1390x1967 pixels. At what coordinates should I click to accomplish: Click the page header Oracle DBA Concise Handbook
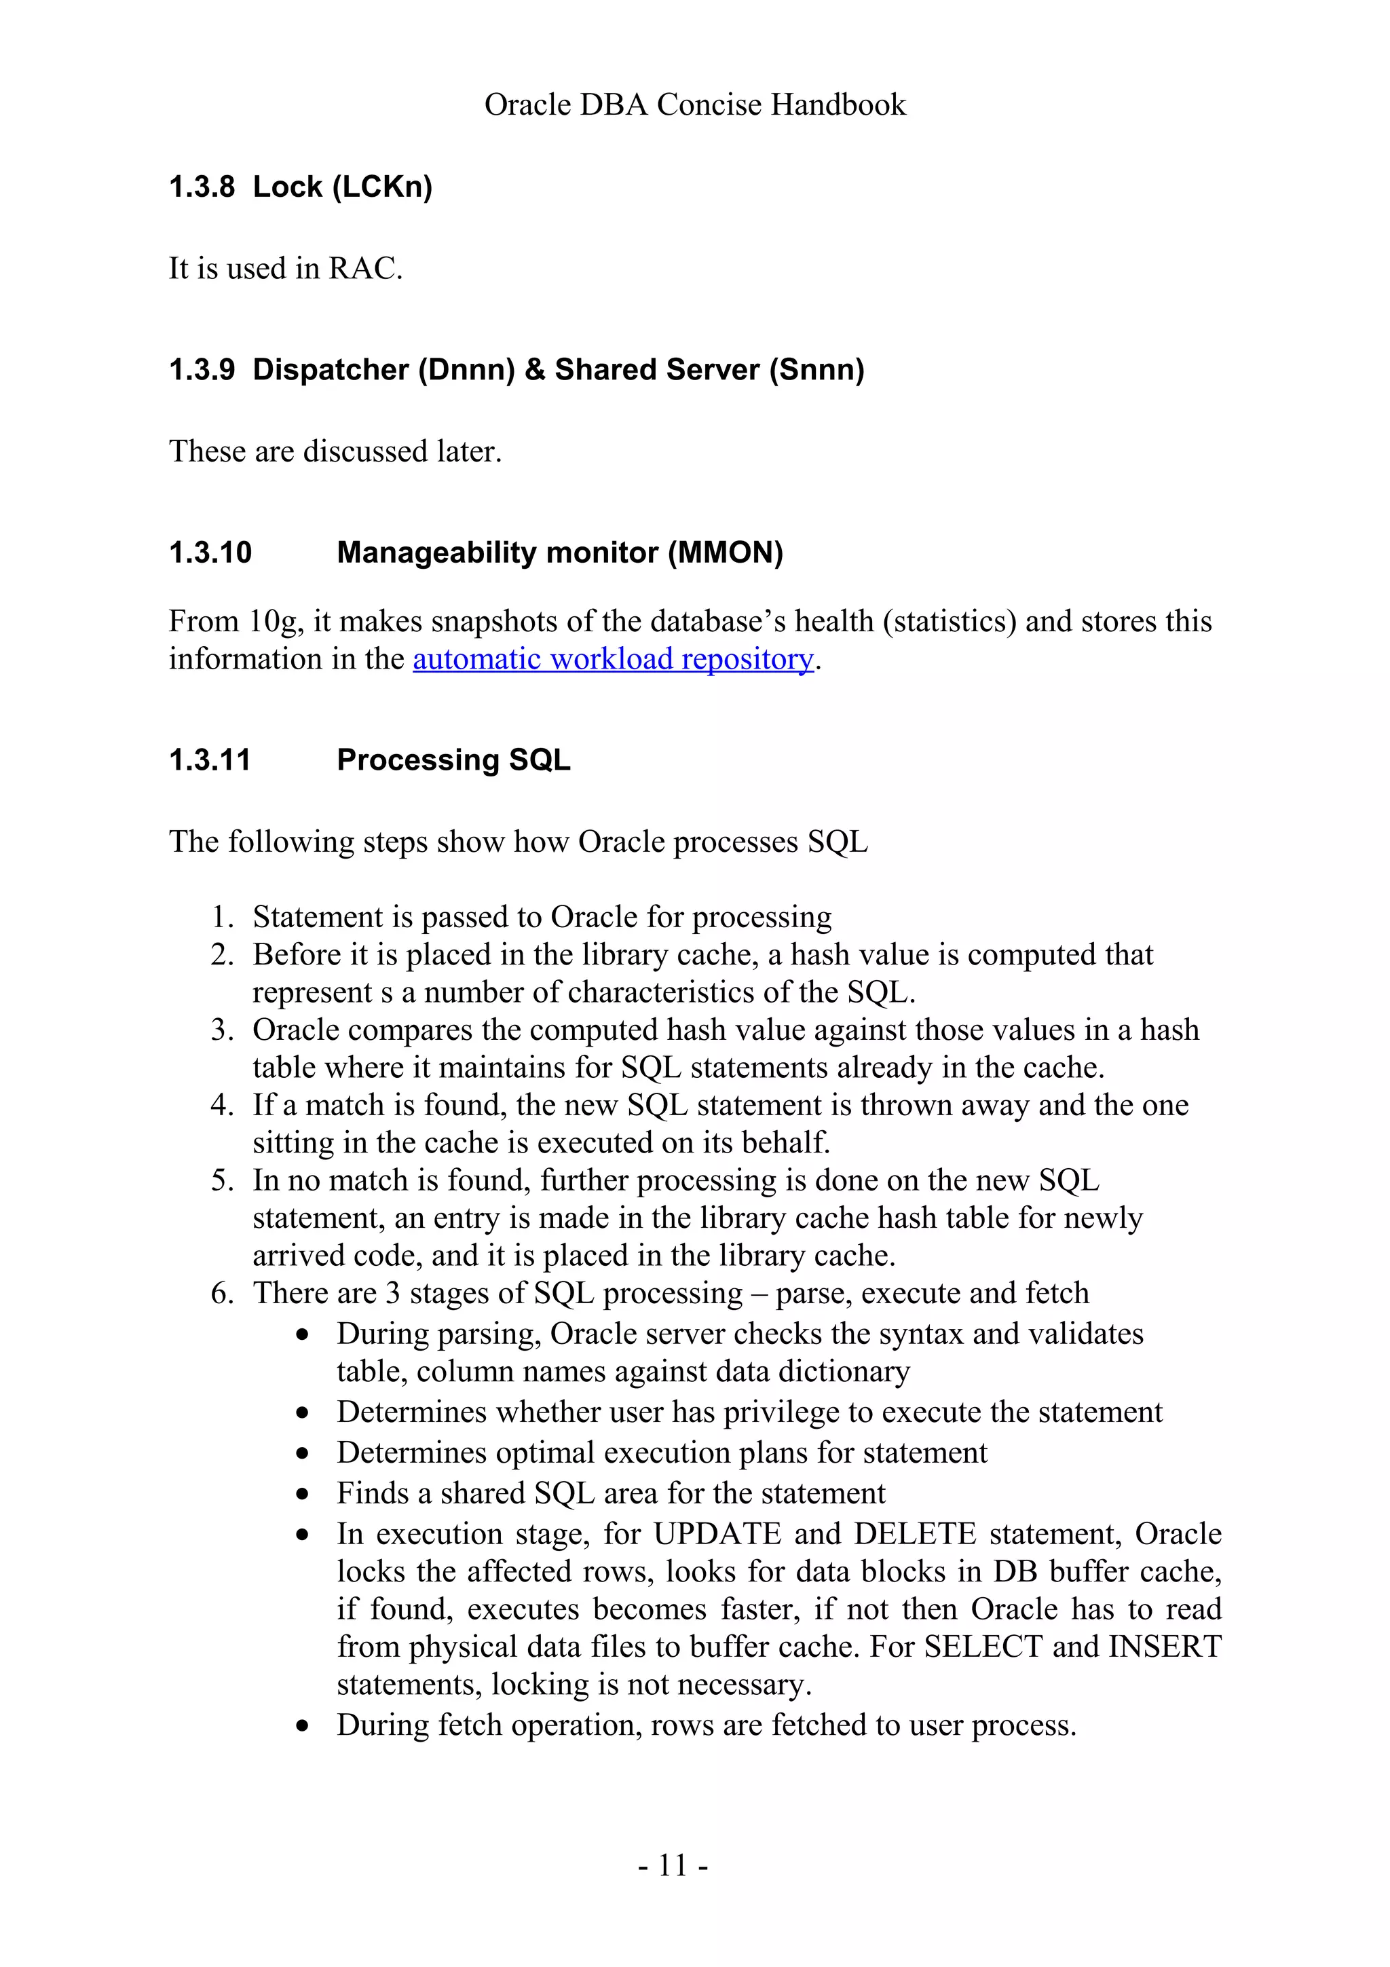tap(694, 105)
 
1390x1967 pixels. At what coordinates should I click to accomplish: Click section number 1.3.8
tap(202, 187)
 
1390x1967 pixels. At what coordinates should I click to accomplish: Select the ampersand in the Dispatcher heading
tap(534, 369)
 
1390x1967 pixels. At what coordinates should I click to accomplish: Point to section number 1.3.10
tap(210, 552)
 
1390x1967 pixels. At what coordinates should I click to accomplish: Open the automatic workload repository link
tap(612, 659)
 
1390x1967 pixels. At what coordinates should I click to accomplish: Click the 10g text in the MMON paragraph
tap(274, 621)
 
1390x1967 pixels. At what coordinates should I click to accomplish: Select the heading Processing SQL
tap(453, 760)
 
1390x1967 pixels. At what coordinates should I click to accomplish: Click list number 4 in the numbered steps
tap(222, 1105)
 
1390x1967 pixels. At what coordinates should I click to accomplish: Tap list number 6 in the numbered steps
tap(222, 1293)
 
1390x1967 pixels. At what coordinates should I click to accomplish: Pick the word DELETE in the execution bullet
tap(915, 1533)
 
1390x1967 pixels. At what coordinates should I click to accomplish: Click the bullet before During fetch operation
tap(301, 1726)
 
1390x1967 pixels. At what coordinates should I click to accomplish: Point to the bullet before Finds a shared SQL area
tap(301, 1494)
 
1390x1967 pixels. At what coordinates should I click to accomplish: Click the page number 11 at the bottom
tap(673, 1866)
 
